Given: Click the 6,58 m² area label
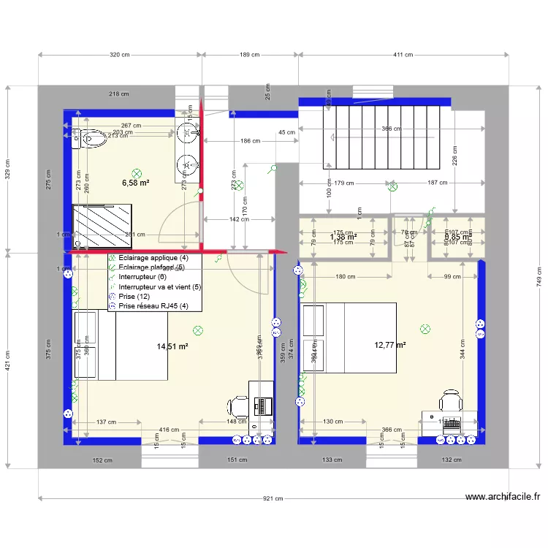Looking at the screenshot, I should tap(135, 183).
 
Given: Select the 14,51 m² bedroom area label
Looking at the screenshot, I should tap(172, 347).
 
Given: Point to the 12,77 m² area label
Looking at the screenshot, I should tap(390, 345).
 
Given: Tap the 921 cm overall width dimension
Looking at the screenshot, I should tap(273, 498).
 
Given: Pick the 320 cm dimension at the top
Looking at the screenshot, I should tap(120, 55).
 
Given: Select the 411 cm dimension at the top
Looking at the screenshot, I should tap(403, 55).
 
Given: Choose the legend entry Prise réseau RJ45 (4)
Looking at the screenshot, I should tap(153, 307).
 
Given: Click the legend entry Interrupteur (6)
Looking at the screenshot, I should tap(142, 277).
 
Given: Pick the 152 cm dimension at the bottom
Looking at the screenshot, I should tap(102, 460).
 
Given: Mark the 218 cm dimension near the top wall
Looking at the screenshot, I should tap(119, 94).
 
